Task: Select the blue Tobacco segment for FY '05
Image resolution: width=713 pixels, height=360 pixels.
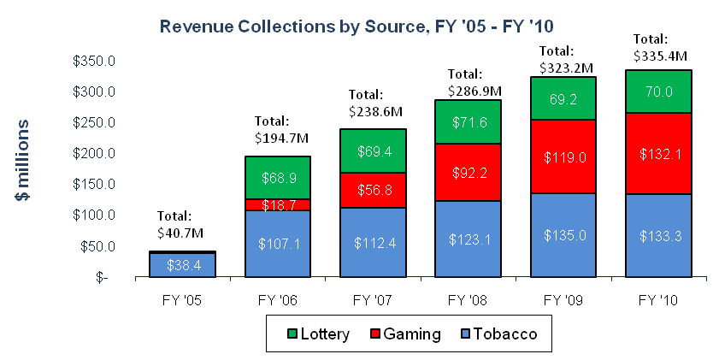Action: click(182, 265)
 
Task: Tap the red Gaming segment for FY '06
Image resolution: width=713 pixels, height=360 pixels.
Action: click(278, 204)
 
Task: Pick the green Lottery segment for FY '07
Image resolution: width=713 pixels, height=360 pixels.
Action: click(373, 150)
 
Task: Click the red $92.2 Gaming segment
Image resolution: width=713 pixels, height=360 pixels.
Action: click(468, 172)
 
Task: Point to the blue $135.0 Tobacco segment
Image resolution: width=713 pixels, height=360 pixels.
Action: click(563, 235)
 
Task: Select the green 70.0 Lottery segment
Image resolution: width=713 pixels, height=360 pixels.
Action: click(658, 91)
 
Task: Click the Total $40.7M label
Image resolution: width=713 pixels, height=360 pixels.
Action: click(180, 225)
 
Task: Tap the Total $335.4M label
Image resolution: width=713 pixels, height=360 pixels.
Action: click(660, 47)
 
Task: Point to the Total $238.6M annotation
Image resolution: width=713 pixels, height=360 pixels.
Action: click(375, 103)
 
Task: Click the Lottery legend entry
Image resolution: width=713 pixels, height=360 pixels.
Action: click(318, 334)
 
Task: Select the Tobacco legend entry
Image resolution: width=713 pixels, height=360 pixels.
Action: click(499, 334)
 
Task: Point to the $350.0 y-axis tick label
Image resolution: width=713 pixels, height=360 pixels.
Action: click(94, 61)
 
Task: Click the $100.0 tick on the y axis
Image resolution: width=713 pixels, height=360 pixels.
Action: click(94, 215)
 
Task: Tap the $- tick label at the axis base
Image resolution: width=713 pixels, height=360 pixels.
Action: click(102, 277)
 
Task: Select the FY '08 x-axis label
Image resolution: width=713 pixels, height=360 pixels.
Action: click(468, 300)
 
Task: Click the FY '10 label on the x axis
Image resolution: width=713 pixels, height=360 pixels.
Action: click(658, 300)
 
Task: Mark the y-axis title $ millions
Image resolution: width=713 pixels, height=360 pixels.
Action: click(22, 160)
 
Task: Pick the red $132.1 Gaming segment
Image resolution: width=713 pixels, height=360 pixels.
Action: click(658, 154)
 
